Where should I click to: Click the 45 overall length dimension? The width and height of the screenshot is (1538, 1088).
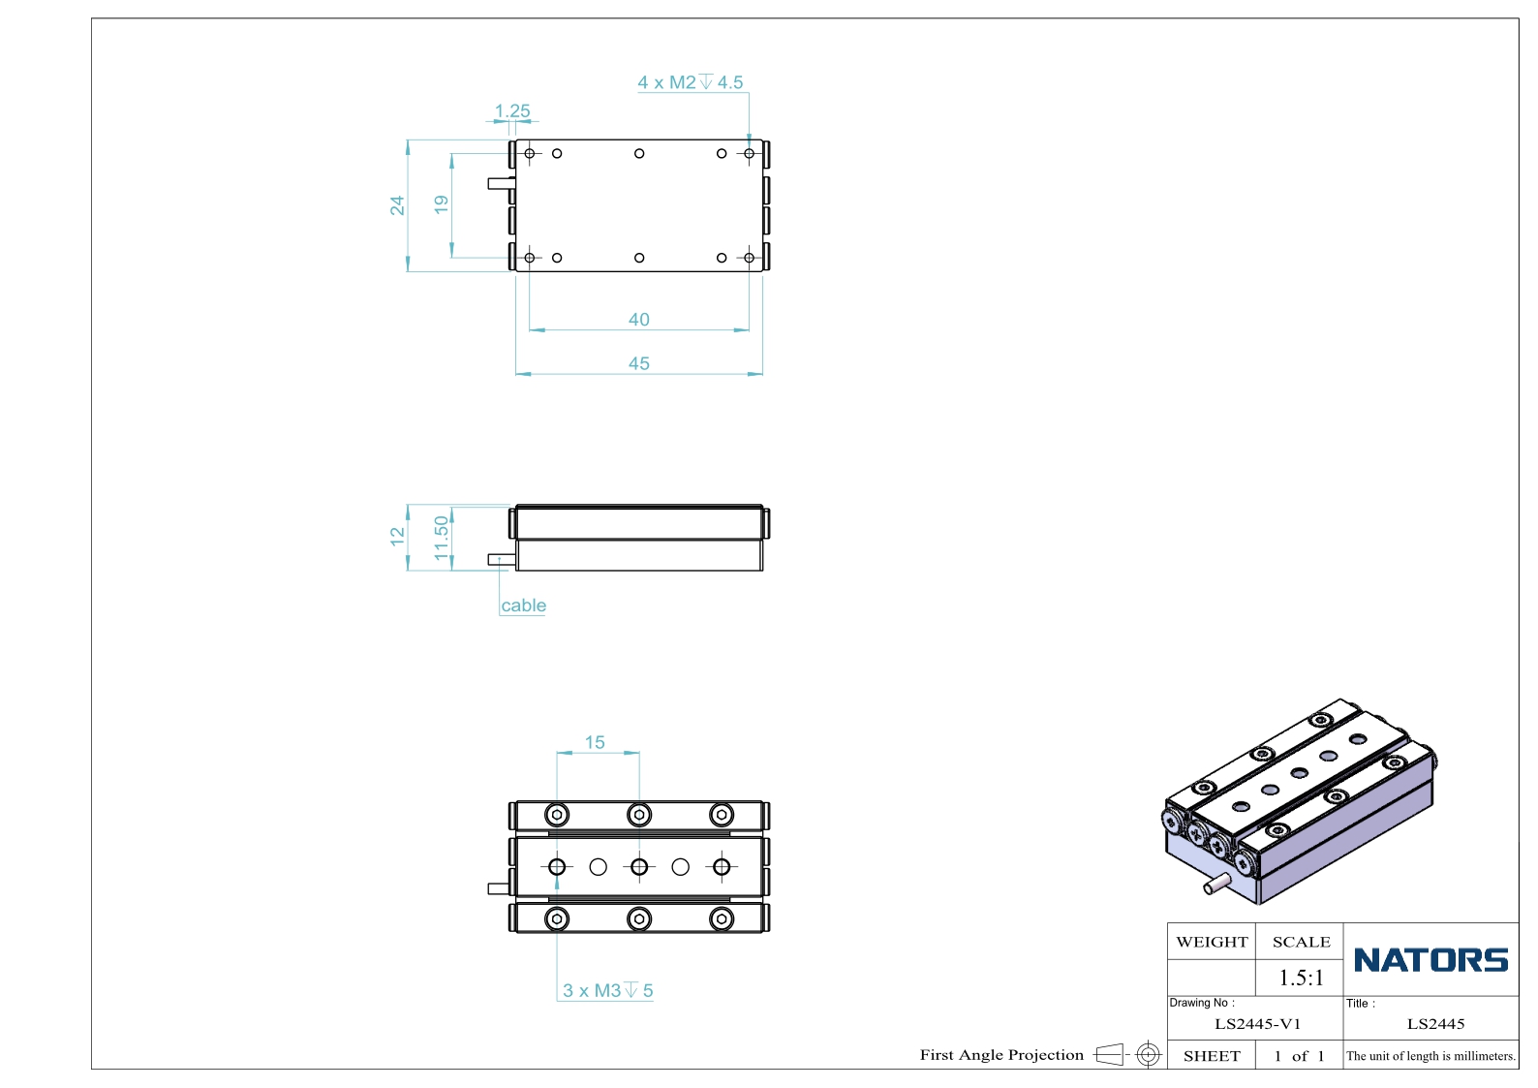pyautogui.click(x=638, y=363)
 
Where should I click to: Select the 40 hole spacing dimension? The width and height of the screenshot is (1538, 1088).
pyautogui.click(x=638, y=320)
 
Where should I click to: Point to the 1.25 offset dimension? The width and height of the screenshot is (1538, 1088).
pyautogui.click(x=512, y=110)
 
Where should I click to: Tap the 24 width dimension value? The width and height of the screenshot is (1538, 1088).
pyautogui.click(x=397, y=205)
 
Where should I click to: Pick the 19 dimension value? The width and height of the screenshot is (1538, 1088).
pyautogui.click(x=441, y=204)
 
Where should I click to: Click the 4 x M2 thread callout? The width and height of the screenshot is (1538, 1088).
pyautogui.click(x=690, y=82)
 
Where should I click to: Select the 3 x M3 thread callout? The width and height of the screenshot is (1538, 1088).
pyautogui.click(x=607, y=990)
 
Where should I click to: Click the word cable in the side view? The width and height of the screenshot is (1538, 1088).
pyautogui.click(x=523, y=606)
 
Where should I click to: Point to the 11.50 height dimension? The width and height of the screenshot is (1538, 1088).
pyautogui.click(x=441, y=538)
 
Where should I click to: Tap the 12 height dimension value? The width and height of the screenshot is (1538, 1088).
pyautogui.click(x=397, y=537)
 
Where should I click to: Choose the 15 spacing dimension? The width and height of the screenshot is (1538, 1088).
pyautogui.click(x=595, y=742)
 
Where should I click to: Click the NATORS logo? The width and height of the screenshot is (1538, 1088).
pyautogui.click(x=1430, y=959)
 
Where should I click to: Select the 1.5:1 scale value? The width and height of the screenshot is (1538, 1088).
pyautogui.click(x=1301, y=978)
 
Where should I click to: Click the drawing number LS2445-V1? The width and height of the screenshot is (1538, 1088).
pyautogui.click(x=1258, y=1024)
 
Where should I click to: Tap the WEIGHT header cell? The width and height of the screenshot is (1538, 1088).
pyautogui.click(x=1212, y=942)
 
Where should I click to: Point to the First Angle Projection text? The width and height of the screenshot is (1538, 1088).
pyautogui.click(x=1001, y=1055)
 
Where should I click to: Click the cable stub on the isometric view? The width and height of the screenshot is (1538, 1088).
pyautogui.click(x=1216, y=884)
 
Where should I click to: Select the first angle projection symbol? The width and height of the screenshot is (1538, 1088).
pyautogui.click(x=1127, y=1054)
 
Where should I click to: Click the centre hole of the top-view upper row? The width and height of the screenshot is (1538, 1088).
pyautogui.click(x=639, y=153)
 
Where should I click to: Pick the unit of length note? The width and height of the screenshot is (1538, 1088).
pyautogui.click(x=1430, y=1056)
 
